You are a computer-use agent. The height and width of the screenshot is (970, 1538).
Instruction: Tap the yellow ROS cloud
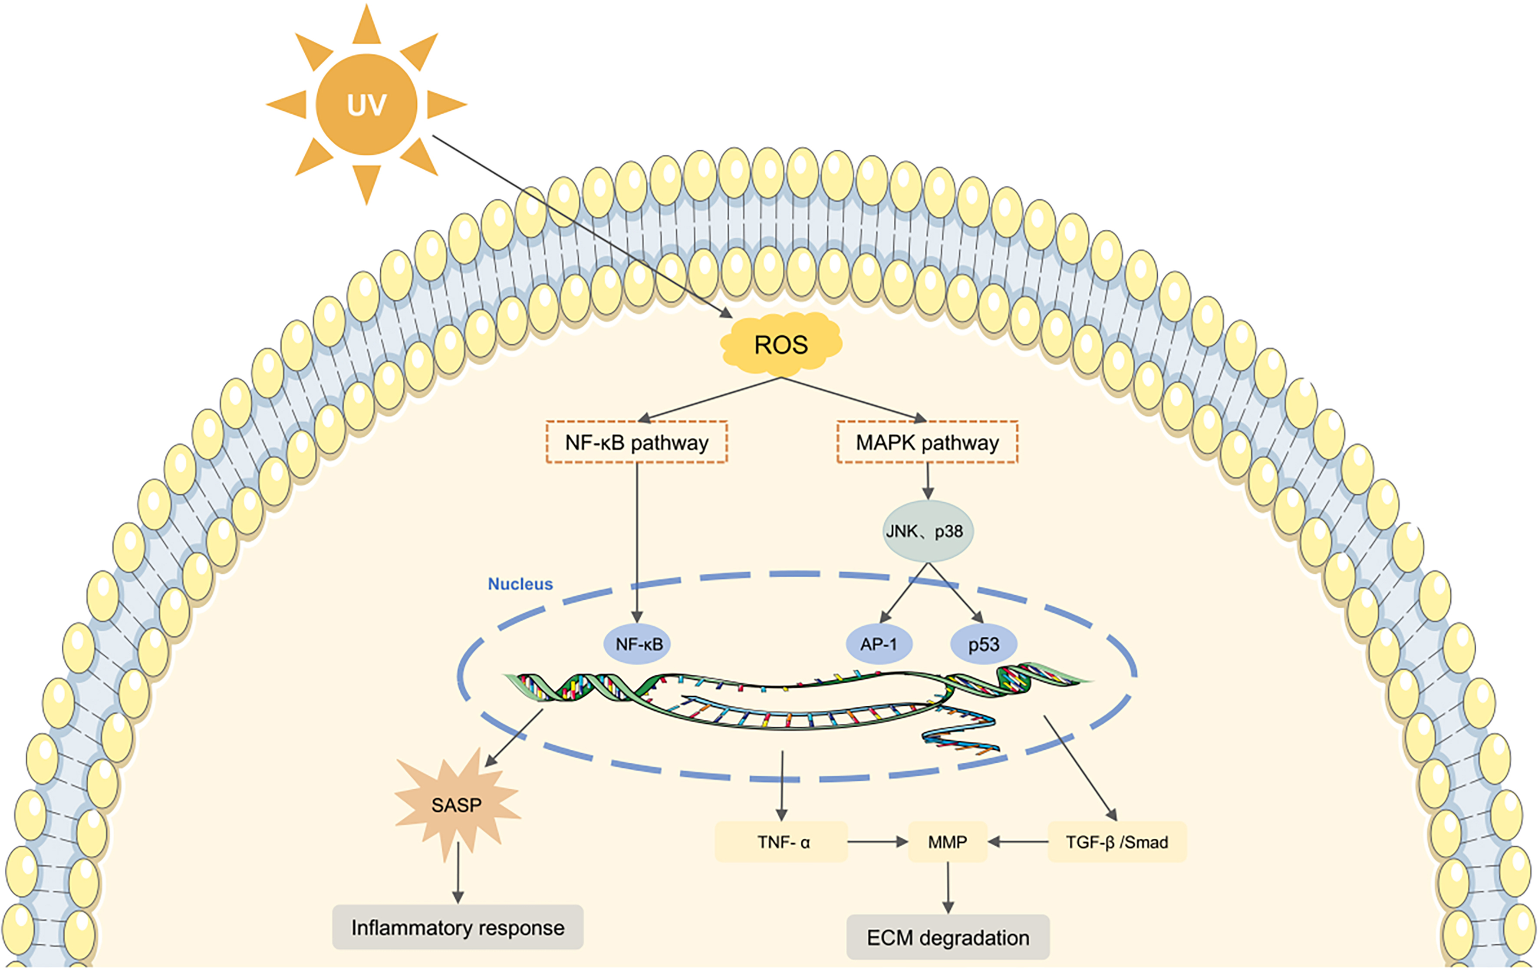(x=781, y=344)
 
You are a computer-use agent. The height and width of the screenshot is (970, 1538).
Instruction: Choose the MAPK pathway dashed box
(x=927, y=442)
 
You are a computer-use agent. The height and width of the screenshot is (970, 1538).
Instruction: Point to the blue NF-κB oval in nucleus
(x=639, y=644)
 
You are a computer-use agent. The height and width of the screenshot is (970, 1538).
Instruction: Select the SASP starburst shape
(x=456, y=804)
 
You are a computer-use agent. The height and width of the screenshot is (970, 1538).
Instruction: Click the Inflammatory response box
(x=457, y=927)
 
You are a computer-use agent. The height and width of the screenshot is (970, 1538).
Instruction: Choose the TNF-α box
(x=781, y=842)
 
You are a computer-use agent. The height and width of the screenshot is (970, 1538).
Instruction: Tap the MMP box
(x=947, y=842)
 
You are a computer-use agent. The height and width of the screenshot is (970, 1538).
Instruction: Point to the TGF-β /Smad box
(x=1116, y=842)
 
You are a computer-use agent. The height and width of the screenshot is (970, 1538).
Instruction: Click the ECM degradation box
(x=948, y=937)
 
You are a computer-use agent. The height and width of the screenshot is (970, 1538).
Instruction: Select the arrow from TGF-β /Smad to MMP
(x=1018, y=842)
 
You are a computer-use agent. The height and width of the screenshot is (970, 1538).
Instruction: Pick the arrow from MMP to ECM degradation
(x=948, y=888)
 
